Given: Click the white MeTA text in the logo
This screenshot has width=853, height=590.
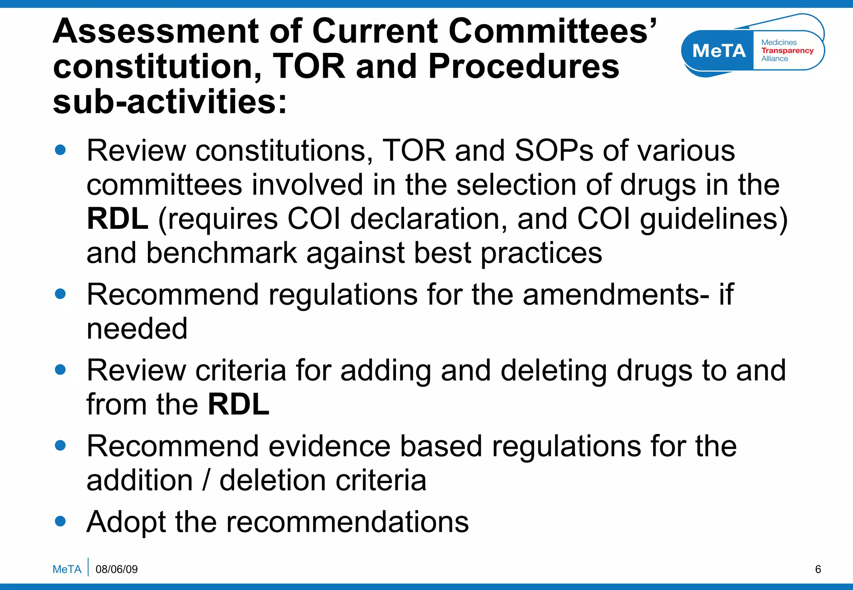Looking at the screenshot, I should pos(719,51).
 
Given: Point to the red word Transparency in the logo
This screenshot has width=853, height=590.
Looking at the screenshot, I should pos(787,50).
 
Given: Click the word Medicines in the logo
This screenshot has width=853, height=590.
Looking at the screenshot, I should pos(779,42).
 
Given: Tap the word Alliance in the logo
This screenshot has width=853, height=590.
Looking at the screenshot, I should pos(775,59).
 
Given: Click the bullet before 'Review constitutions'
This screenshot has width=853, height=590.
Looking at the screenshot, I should pos(60,150).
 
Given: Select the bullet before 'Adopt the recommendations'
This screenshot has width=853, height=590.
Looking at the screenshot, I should pos(60,521).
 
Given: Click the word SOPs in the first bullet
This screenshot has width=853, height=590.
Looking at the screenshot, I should pos(554,151).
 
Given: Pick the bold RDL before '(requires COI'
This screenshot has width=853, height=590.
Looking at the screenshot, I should pos(117,219).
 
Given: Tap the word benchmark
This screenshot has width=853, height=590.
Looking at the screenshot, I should pos(222,253).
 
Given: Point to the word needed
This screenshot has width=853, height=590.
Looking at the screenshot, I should pos(137,329).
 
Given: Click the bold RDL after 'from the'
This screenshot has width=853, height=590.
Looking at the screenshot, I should pos(239,404).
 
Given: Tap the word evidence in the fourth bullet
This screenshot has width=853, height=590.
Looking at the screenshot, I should pos(329,446).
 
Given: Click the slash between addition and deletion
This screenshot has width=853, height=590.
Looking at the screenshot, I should pos(206,480).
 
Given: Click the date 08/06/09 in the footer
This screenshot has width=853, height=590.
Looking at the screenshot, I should pos(117,569).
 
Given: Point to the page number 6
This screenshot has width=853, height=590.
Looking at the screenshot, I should pos(818,569).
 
